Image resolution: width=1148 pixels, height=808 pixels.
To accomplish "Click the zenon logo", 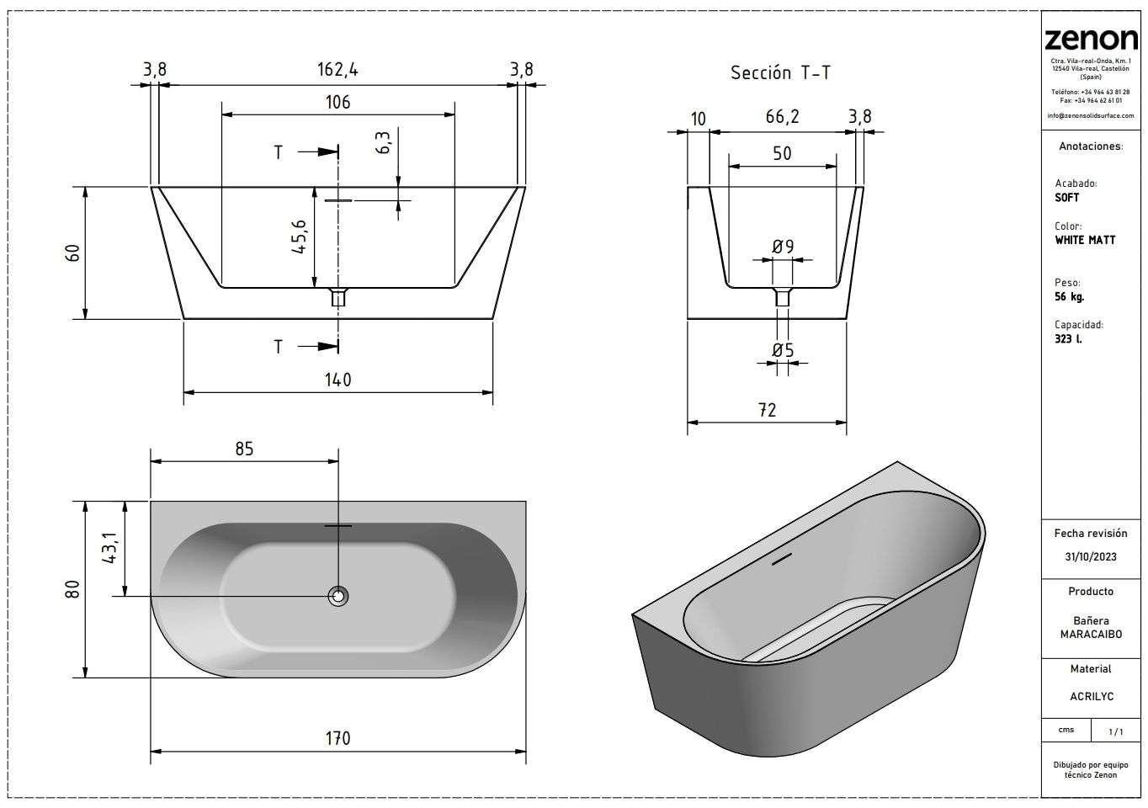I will click(1091, 38).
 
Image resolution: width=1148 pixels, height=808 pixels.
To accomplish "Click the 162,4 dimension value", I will click(337, 70).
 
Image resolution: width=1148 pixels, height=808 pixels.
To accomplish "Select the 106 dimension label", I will click(337, 102).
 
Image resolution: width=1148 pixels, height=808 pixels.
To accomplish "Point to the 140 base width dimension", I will click(337, 380).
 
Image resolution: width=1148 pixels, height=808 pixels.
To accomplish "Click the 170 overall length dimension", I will click(337, 738).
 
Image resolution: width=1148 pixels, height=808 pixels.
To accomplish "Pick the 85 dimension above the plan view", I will click(244, 449).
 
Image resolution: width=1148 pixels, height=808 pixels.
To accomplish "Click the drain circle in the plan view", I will click(338, 596).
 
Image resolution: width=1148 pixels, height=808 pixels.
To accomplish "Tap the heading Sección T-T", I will click(780, 72).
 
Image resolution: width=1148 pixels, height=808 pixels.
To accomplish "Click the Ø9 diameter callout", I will click(783, 247).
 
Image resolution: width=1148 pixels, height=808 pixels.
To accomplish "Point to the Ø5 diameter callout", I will click(783, 349).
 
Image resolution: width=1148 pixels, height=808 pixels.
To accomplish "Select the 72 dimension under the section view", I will click(767, 410).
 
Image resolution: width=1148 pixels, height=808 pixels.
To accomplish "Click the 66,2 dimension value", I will click(782, 117).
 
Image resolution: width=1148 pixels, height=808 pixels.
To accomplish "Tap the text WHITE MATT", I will click(1085, 240).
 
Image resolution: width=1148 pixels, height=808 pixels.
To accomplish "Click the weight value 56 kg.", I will click(1069, 297).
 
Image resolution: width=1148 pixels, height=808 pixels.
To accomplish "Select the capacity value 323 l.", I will click(1068, 338).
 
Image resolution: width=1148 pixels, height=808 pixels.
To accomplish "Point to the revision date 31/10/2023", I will click(1090, 557).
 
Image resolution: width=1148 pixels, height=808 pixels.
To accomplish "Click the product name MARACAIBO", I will click(1091, 634).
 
